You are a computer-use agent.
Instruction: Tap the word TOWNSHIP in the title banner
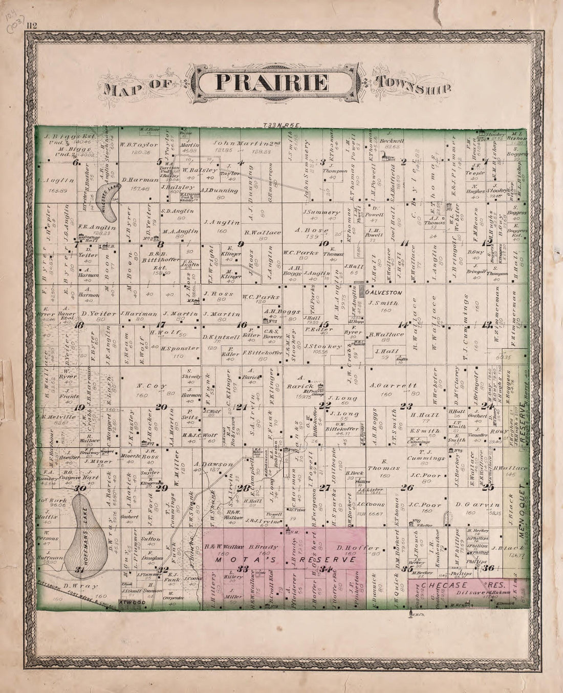(414, 84)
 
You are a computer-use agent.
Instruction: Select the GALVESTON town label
(384, 292)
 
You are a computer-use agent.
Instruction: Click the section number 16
(241, 325)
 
